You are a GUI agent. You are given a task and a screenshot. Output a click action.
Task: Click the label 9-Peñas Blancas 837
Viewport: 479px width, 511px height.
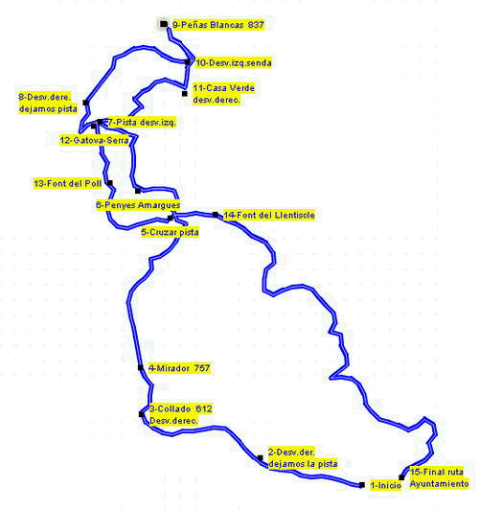[x=217, y=25]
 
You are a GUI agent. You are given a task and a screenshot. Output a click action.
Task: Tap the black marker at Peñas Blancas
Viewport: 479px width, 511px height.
[x=164, y=24]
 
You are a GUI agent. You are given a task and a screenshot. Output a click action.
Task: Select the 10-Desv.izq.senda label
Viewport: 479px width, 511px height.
[x=234, y=63]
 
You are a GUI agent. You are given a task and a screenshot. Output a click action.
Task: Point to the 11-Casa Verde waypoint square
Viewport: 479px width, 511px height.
[x=185, y=94]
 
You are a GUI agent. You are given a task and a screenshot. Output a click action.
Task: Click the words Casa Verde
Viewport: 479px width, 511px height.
[x=231, y=88]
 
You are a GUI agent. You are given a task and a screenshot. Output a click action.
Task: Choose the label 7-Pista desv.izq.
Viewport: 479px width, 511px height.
[x=142, y=123]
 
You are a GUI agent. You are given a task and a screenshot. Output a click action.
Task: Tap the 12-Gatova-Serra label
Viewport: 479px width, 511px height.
[x=94, y=141]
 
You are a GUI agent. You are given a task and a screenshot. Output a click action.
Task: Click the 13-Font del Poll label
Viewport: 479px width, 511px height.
[x=68, y=183]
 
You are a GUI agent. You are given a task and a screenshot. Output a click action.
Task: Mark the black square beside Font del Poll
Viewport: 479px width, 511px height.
[x=110, y=183]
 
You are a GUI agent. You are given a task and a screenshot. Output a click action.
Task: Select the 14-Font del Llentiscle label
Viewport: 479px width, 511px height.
[x=269, y=215]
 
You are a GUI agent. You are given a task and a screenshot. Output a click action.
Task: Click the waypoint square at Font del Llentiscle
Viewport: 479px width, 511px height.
[x=216, y=215]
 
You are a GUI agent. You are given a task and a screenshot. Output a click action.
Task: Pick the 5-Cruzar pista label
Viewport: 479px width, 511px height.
[x=170, y=232]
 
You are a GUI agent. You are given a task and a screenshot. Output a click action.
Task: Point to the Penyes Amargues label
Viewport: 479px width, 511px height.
[x=138, y=205]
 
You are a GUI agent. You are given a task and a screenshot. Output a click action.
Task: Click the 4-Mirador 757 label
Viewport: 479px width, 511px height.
[x=179, y=368]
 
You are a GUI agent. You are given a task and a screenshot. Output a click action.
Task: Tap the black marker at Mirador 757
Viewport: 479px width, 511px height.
[x=141, y=367]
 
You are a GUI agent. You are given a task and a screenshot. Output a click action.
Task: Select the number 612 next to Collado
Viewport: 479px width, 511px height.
[x=204, y=408]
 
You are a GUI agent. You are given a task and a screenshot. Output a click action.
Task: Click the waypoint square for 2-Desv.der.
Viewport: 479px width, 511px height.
[x=261, y=458]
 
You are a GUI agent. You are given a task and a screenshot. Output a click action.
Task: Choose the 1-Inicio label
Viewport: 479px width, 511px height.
[x=385, y=485]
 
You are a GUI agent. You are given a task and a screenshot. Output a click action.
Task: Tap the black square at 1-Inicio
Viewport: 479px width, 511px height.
[x=362, y=485]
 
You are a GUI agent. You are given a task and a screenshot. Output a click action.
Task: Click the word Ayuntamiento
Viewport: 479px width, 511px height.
[x=439, y=484]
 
